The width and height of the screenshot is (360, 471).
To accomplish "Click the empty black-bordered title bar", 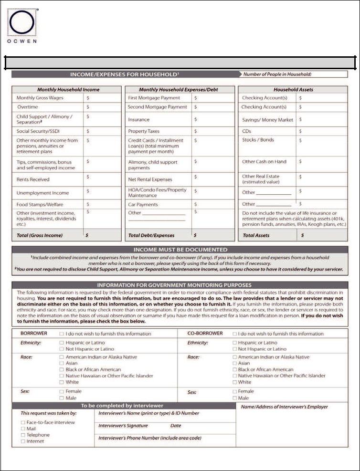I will coord(180,63).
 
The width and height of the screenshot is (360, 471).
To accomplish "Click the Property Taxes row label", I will coord(144,131).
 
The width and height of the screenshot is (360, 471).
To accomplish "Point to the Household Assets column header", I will coord(293,89).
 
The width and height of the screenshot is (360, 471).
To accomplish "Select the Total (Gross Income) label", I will coord(40,235).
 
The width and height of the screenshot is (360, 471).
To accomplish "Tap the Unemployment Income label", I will coord(43,193).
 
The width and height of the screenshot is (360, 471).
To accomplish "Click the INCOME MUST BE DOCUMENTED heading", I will coord(180,250).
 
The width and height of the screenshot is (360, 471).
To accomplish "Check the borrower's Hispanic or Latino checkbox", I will coord(62,343).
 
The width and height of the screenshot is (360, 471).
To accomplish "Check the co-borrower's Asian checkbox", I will coord(234,363).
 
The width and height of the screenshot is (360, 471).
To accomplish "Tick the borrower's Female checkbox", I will coord(62,391).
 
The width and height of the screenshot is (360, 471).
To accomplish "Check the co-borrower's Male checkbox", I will coord(234,398).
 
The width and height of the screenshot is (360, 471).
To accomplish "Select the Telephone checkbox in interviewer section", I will coord(23,435).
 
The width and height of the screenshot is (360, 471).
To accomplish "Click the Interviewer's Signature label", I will coord(123,426).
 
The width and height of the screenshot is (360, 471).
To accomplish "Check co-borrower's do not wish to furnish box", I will coord(234,334).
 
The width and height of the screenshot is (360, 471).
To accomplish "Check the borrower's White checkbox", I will coord(62,382).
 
